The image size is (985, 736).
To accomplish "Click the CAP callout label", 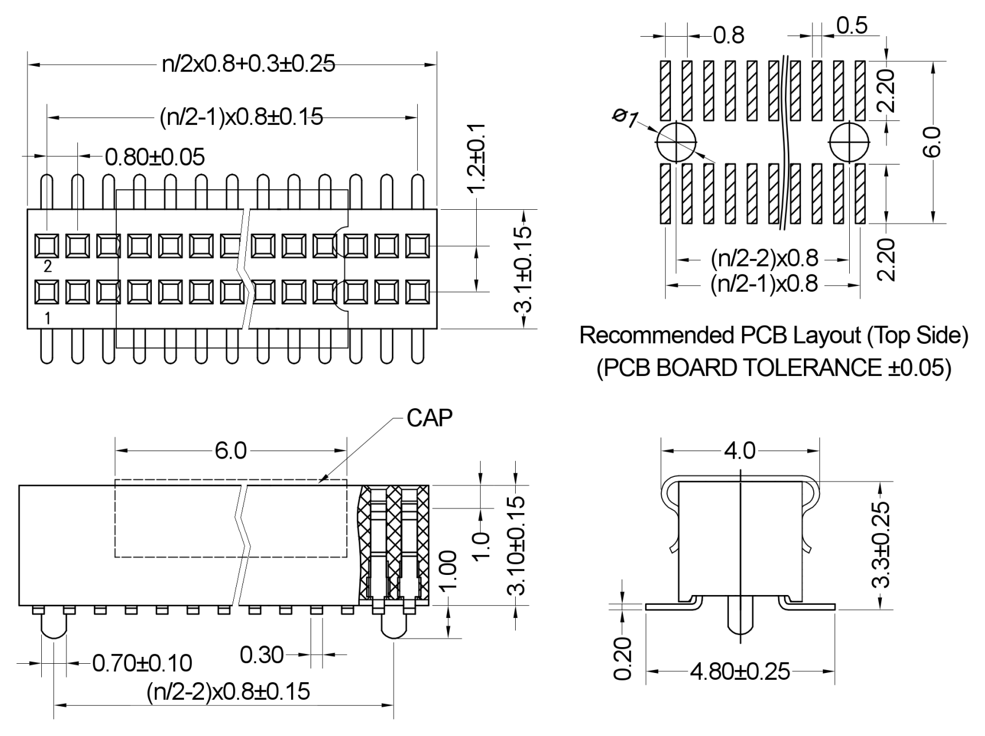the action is click(429, 418).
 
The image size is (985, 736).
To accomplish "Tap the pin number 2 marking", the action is click(48, 267).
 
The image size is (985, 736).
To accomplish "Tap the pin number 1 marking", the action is click(48, 318).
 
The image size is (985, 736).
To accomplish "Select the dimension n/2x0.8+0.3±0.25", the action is click(249, 64).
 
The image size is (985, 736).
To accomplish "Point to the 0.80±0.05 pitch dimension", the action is click(155, 156).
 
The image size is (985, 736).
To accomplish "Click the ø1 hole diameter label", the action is click(625, 118).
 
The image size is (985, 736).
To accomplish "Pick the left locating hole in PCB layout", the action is click(676, 142).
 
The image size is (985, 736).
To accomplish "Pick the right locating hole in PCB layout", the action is click(849, 142).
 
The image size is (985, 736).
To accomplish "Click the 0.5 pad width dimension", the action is click(852, 26).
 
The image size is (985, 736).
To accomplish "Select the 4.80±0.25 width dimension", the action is click(740, 671).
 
